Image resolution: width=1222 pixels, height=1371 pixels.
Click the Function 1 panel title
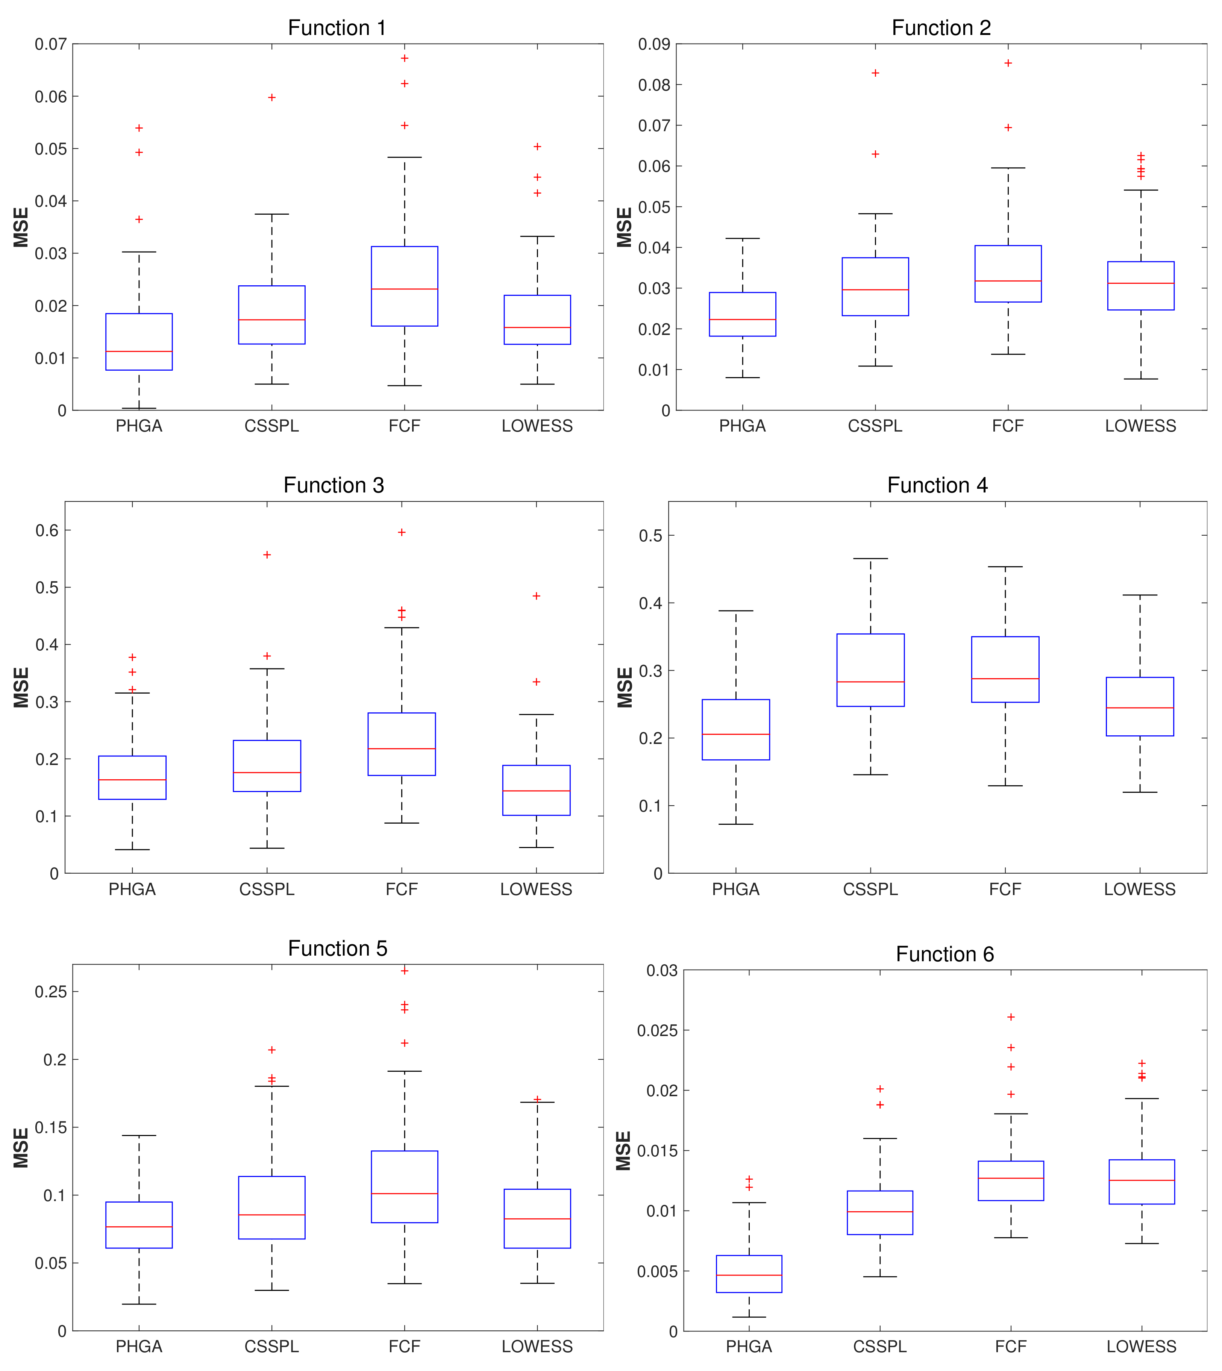(x=337, y=27)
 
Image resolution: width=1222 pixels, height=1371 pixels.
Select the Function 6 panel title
(x=944, y=954)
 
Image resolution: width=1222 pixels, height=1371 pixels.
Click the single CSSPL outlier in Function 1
(x=272, y=97)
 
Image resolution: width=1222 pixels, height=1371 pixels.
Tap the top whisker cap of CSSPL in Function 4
(x=871, y=559)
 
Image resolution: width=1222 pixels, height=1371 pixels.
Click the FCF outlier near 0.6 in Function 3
(x=402, y=532)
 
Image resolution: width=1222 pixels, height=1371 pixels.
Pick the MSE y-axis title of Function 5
(x=21, y=1148)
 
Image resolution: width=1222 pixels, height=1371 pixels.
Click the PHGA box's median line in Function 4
(x=736, y=735)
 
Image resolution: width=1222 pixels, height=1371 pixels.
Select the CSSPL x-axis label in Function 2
(x=875, y=426)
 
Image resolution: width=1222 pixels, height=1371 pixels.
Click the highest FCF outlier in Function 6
(x=1011, y=1017)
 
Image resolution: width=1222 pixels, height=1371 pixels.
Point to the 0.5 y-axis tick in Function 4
(x=650, y=536)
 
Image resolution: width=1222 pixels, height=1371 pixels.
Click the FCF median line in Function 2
(x=1008, y=281)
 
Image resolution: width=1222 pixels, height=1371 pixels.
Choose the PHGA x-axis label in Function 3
(x=132, y=889)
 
